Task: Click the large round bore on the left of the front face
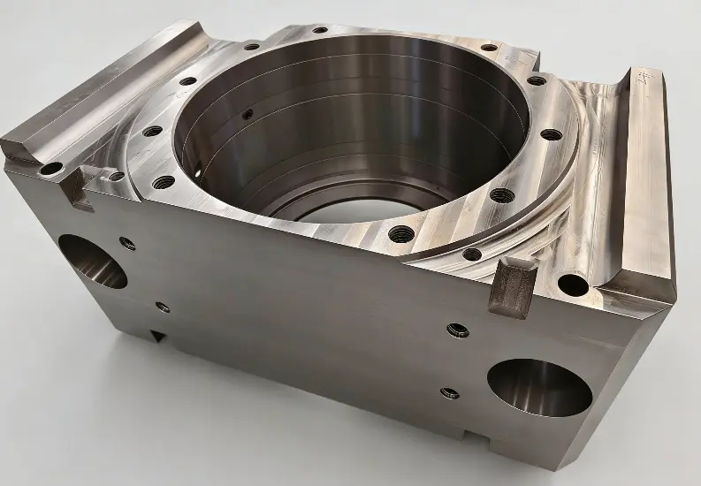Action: point(94,262)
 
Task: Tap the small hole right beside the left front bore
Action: point(128,243)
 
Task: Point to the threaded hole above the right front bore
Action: point(457,330)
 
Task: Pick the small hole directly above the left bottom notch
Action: point(162,308)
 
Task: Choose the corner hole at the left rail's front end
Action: point(51,168)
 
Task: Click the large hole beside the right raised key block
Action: point(572,285)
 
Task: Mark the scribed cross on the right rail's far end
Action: point(643,78)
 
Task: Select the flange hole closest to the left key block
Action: point(165,182)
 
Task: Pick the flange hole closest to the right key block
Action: point(472,254)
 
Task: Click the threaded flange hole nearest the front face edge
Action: point(401,233)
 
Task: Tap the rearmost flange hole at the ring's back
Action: point(319,30)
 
